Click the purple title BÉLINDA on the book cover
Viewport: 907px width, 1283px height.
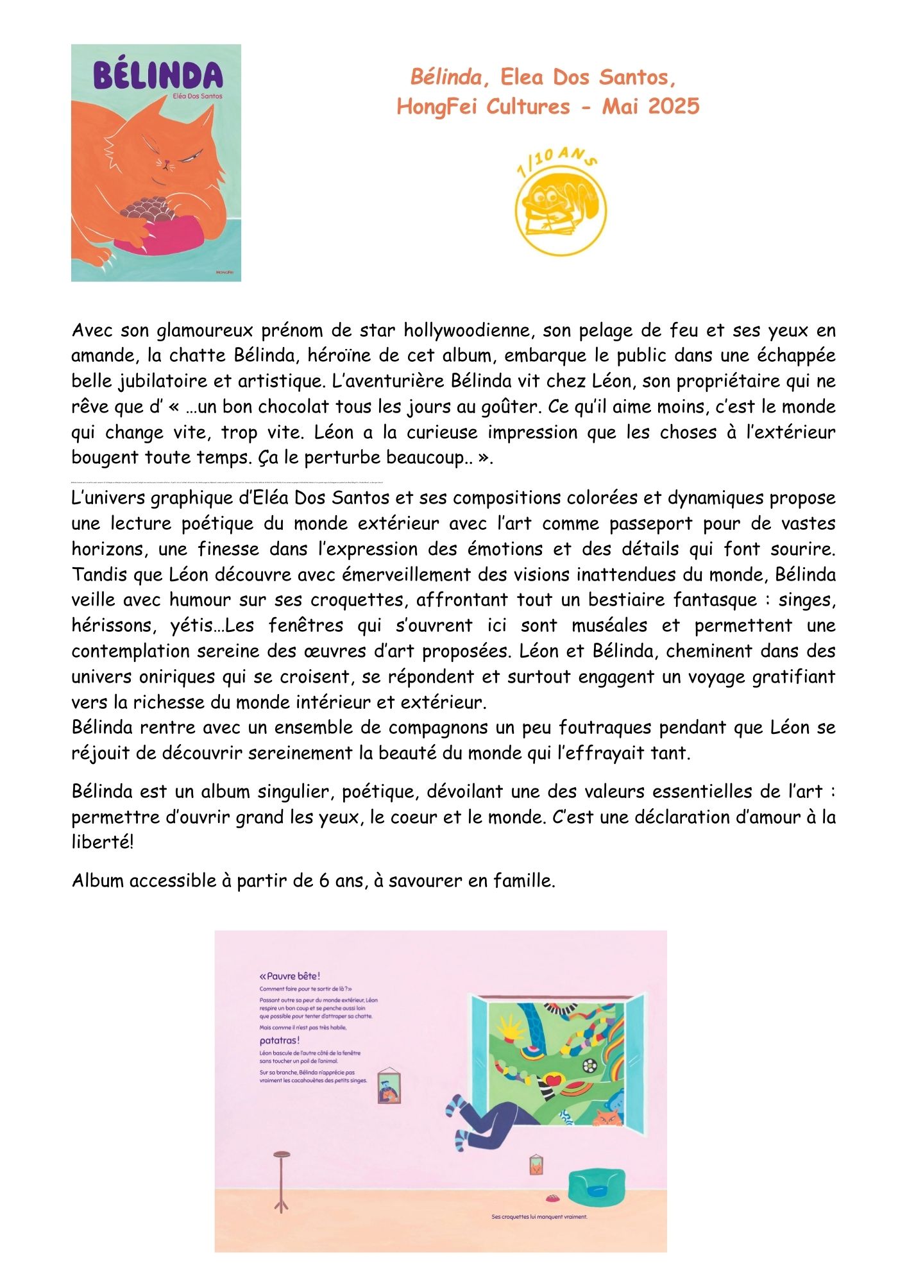[x=158, y=76]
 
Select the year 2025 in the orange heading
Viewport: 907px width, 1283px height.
[x=674, y=106]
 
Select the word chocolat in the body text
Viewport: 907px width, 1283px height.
[x=294, y=407]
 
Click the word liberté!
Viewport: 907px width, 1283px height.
[x=103, y=842]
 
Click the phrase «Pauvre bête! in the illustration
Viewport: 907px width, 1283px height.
[x=289, y=976]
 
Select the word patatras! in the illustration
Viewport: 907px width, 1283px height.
[x=280, y=1041]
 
